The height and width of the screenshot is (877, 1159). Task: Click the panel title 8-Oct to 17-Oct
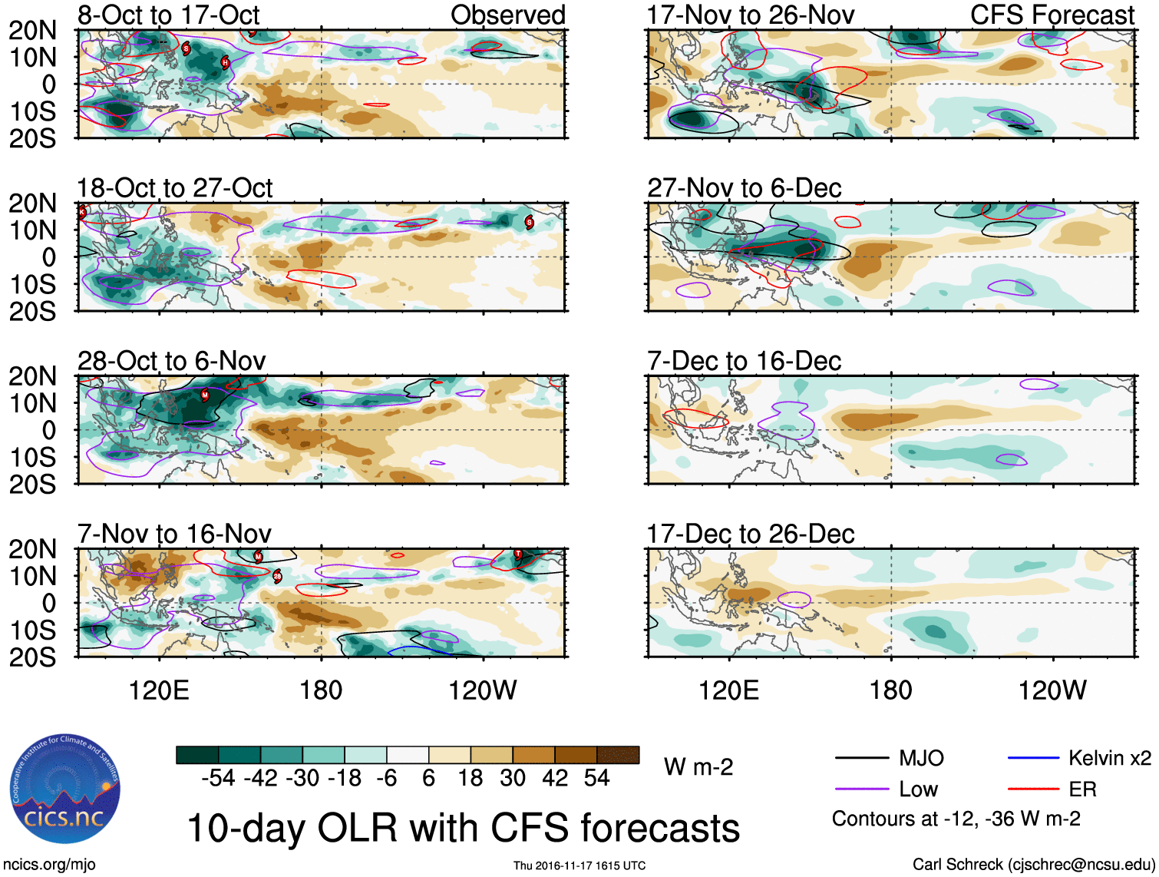pyautogui.click(x=168, y=15)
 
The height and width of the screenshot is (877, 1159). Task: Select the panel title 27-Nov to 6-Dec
pyautogui.click(x=744, y=188)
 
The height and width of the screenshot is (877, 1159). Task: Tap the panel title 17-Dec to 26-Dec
pyautogui.click(x=750, y=534)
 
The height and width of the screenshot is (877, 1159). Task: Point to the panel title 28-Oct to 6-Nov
pyautogui.click(x=171, y=361)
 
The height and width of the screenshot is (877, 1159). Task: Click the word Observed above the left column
pyautogui.click(x=507, y=15)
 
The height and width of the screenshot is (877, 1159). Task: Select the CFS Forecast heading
pyautogui.click(x=1052, y=15)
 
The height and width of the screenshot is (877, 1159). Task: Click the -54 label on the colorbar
pyautogui.click(x=218, y=779)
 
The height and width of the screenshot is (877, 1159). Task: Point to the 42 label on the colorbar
pyautogui.click(x=555, y=779)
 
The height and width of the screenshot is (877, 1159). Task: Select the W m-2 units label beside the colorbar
pyautogui.click(x=698, y=767)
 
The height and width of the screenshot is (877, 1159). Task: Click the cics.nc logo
pyautogui.click(x=65, y=789)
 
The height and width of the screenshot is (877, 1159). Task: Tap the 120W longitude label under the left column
pyautogui.click(x=482, y=690)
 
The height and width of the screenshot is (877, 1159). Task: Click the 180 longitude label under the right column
pyautogui.click(x=890, y=690)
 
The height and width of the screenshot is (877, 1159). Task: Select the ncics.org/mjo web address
pyautogui.click(x=49, y=865)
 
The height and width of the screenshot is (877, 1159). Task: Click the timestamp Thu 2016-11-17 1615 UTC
pyautogui.click(x=579, y=865)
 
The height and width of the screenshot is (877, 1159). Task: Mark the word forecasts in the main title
pyautogui.click(x=660, y=829)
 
